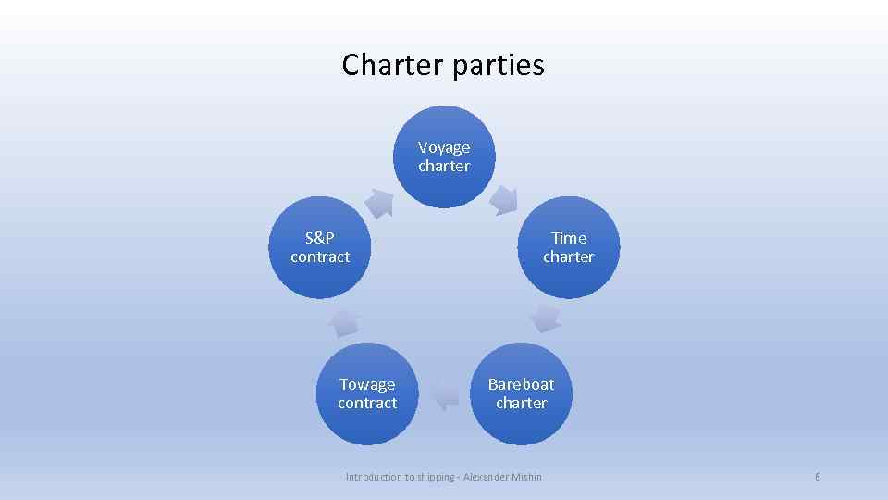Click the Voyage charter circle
click(x=444, y=156)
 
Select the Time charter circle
click(x=568, y=247)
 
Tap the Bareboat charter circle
click(x=521, y=394)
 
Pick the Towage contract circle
click(x=367, y=394)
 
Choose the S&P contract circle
click(x=320, y=247)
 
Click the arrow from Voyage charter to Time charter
click(x=504, y=198)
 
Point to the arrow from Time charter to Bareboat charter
click(x=546, y=319)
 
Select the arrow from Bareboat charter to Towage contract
click(x=445, y=395)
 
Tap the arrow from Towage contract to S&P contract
click(x=344, y=320)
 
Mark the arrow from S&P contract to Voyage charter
click(x=378, y=201)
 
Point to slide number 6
click(x=818, y=477)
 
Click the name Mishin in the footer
click(x=524, y=477)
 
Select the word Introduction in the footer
click(x=374, y=477)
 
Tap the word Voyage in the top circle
click(x=444, y=147)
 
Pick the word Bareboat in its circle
click(x=521, y=384)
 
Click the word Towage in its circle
click(x=367, y=384)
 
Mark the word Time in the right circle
click(x=569, y=238)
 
